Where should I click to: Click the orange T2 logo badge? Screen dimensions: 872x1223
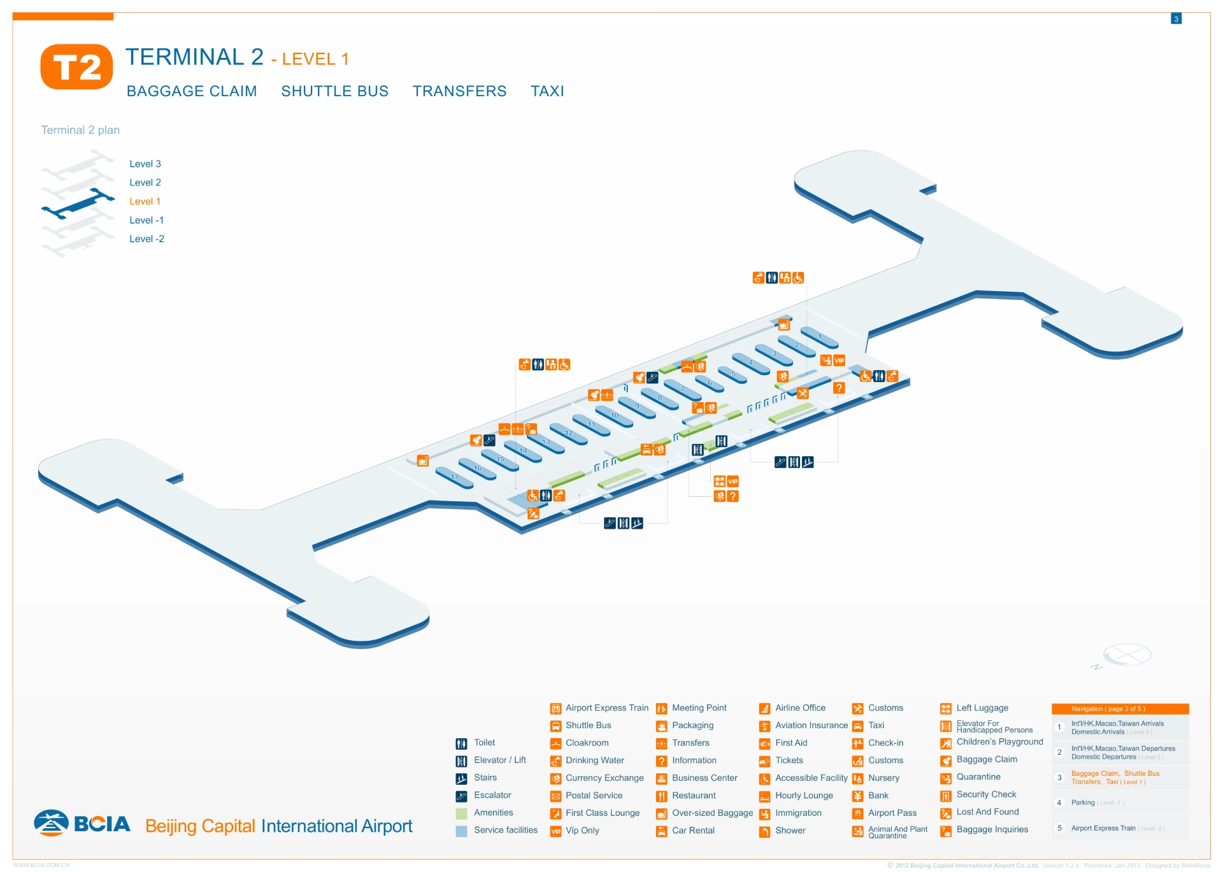pyautogui.click(x=76, y=66)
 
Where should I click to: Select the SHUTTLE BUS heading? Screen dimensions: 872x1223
pyautogui.click(x=334, y=91)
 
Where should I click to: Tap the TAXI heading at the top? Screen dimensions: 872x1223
pyautogui.click(x=547, y=91)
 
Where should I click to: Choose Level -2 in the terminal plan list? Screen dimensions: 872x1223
pyautogui.click(x=147, y=239)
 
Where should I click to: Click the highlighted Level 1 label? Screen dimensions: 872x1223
pyautogui.click(x=145, y=201)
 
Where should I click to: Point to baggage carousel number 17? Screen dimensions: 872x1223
pyautogui.click(x=454, y=477)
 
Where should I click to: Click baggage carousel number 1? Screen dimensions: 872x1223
pyautogui.click(x=819, y=337)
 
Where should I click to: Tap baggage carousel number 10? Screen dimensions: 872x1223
pyautogui.click(x=614, y=415)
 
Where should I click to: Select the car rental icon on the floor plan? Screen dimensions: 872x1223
pyautogui.click(x=647, y=450)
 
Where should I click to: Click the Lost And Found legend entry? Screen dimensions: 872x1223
pyautogui.click(x=987, y=812)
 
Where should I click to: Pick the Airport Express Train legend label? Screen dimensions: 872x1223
pyautogui.click(x=606, y=708)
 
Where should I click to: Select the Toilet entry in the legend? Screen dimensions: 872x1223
pyautogui.click(x=484, y=743)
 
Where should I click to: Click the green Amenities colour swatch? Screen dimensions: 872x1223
pyautogui.click(x=462, y=813)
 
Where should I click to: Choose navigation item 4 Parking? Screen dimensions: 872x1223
pyautogui.click(x=1083, y=803)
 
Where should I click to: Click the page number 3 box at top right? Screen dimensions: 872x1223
pyautogui.click(x=1176, y=19)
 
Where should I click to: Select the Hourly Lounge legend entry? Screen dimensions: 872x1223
pyautogui.click(x=804, y=796)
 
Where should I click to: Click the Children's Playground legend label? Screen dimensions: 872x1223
pyautogui.click(x=999, y=742)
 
